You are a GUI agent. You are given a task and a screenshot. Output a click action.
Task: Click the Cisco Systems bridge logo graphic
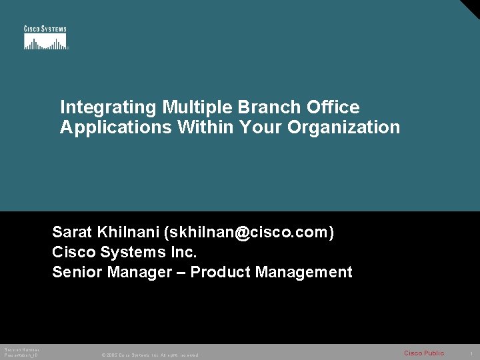point(45,41)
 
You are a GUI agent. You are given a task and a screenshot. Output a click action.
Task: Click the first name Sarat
point(73,232)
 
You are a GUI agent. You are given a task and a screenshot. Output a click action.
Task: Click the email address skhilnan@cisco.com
point(251,232)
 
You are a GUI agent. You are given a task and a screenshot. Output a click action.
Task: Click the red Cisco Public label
point(423,353)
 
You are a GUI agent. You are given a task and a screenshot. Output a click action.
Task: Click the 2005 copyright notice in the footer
point(149,355)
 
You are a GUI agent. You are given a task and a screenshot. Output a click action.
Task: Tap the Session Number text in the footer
point(21,350)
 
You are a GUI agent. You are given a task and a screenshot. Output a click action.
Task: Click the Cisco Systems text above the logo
point(45,29)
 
